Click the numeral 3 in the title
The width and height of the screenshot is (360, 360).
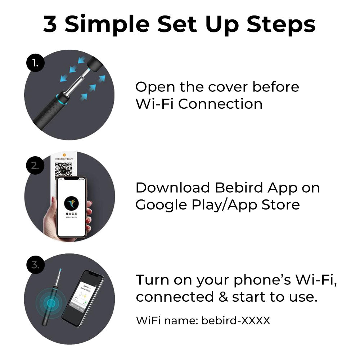(x=50, y=24)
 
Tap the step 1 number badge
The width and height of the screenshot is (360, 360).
(x=35, y=63)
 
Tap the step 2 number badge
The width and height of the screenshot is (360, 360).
(x=35, y=165)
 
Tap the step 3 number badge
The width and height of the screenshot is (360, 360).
(x=35, y=265)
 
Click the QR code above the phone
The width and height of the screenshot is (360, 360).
(x=64, y=170)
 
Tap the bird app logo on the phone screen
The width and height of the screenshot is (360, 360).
(x=71, y=204)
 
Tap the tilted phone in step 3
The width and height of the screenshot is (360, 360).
(x=82, y=297)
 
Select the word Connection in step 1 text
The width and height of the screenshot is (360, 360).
(x=220, y=104)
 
